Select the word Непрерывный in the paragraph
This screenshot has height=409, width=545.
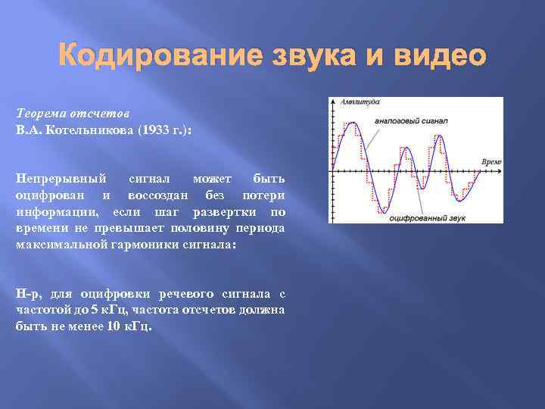(61, 178)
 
